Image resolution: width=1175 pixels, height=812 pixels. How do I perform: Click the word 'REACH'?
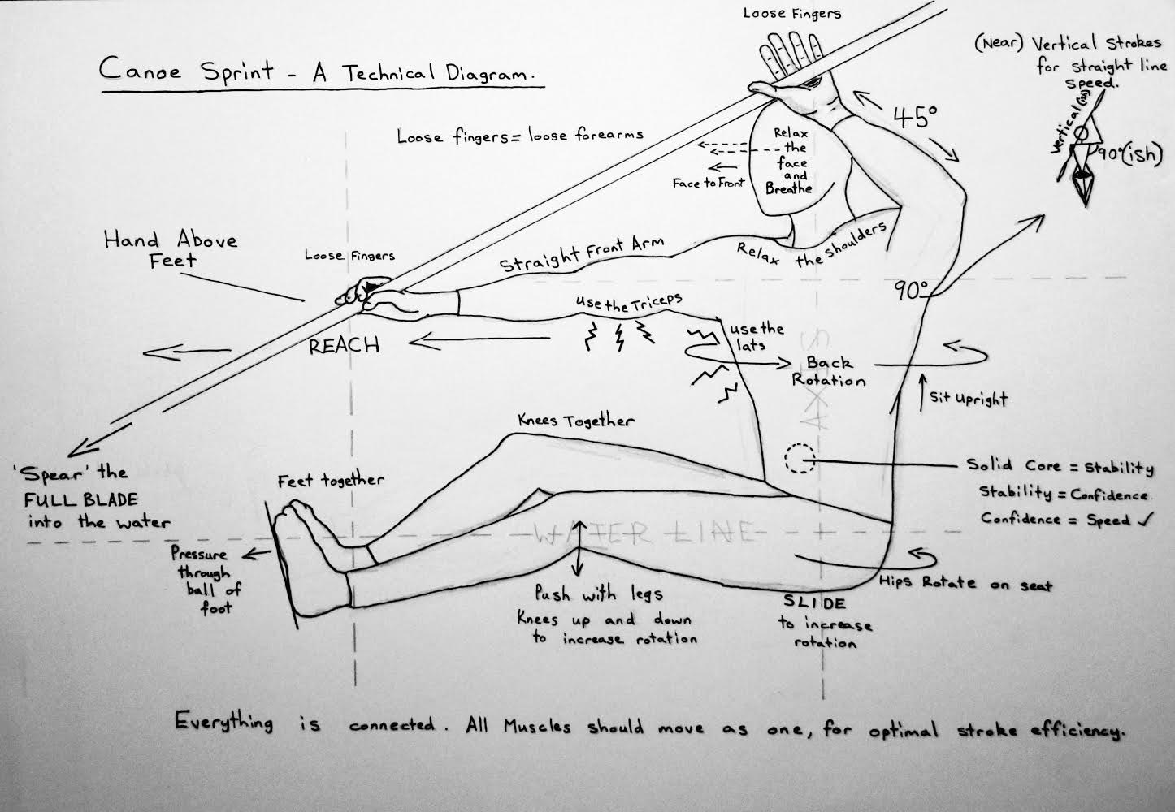coord(344,345)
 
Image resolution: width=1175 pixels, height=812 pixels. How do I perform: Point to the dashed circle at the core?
coord(800,459)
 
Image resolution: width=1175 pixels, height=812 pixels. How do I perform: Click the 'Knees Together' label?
coord(576,421)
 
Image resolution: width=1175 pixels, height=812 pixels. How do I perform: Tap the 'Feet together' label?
coord(330,481)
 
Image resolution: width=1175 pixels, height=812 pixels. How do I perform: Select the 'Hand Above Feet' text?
coord(170,249)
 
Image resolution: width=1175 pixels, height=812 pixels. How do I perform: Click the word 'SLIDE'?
coord(814,603)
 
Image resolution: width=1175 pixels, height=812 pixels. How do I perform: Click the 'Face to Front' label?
coord(708,184)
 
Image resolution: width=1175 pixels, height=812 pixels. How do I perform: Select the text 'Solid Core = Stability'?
coord(1060,467)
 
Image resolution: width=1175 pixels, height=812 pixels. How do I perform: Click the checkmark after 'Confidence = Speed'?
coord(1142,520)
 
